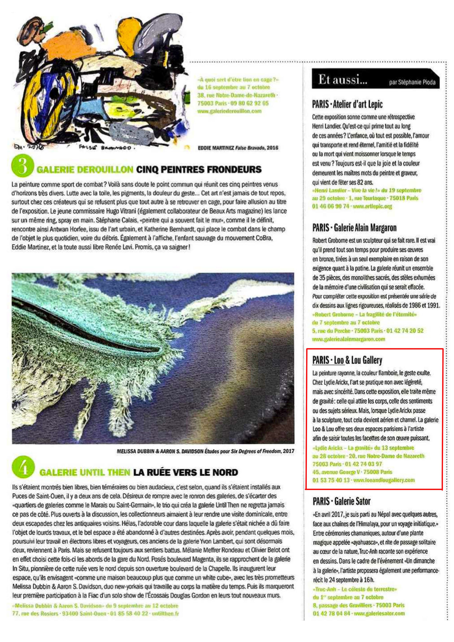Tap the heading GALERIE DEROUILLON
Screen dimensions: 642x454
coord(85,170)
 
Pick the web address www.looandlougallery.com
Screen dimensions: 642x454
coord(384,480)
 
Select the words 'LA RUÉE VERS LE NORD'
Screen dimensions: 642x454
coord(185,473)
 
